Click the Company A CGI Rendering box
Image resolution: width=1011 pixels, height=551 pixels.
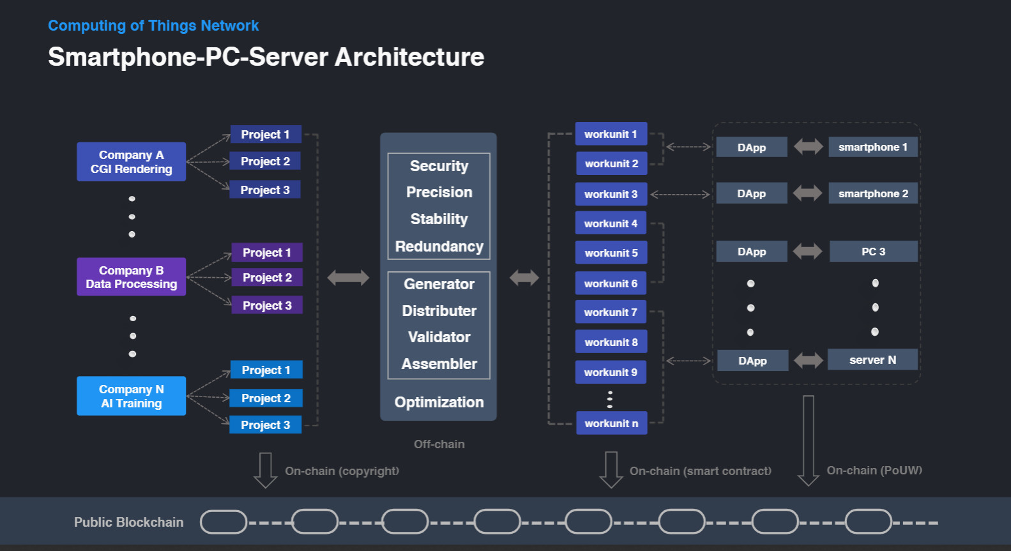tap(132, 162)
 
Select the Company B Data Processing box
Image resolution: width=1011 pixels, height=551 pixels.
tap(132, 276)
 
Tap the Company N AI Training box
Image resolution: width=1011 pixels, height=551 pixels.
tap(132, 396)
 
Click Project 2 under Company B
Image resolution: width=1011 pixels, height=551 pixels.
tap(267, 277)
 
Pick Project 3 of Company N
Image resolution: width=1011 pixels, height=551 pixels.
tap(266, 425)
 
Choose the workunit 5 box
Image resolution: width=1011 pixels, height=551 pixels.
tap(611, 253)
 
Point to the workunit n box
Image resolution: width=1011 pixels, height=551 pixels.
tap(612, 423)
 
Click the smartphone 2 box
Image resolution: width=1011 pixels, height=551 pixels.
tap(873, 193)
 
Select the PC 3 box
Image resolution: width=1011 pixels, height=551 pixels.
tap(874, 252)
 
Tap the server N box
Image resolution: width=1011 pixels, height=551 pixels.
tap(873, 359)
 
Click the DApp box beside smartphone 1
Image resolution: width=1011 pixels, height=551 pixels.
tap(752, 147)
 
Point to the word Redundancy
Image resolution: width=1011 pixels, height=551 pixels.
tap(439, 246)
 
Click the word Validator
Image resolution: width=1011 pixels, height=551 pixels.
tap(439, 337)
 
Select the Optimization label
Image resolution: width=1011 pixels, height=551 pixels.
tap(439, 402)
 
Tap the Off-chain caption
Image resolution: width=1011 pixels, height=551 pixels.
tap(439, 444)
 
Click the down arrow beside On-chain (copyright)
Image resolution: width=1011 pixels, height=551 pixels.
tap(266, 470)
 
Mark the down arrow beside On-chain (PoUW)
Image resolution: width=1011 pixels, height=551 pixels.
tap(809, 441)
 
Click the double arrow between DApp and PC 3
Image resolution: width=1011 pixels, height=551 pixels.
tap(808, 252)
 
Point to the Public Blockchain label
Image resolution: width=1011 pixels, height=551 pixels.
tap(128, 522)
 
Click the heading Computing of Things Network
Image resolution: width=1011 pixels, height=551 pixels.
tap(153, 26)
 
